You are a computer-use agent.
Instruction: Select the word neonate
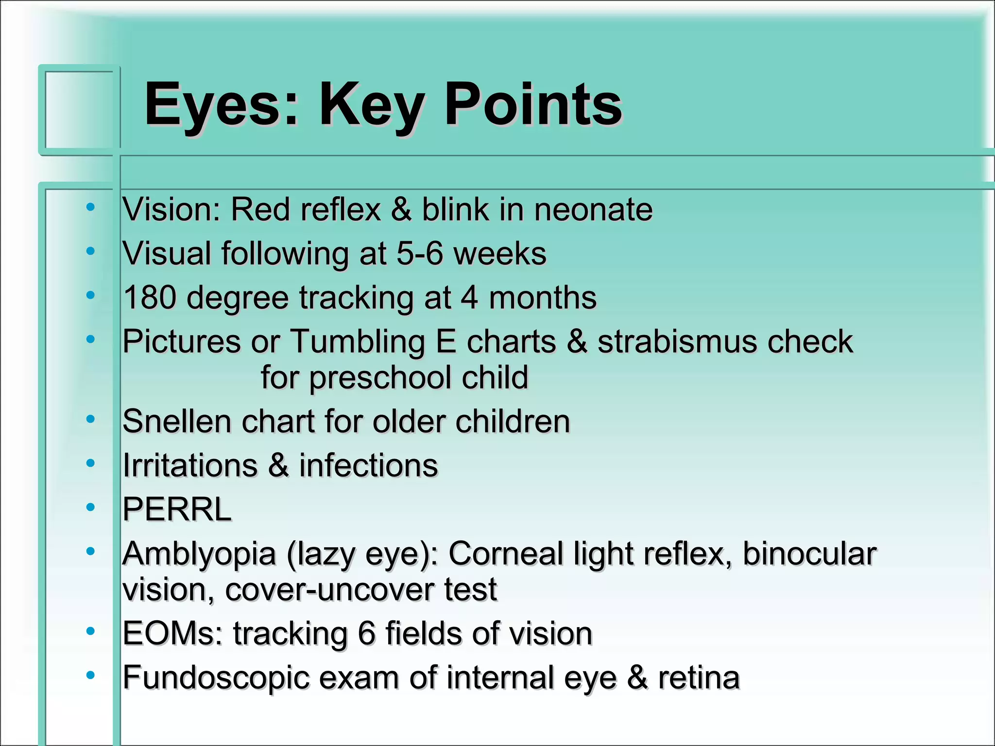coord(593,210)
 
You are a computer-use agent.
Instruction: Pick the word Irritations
coord(190,465)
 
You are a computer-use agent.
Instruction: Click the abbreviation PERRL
coord(177,509)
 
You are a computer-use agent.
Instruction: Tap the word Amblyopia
coord(199,554)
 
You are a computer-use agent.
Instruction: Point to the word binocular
coord(809,554)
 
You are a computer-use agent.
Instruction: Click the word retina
coord(699,678)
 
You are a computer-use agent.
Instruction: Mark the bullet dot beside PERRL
coord(90,508)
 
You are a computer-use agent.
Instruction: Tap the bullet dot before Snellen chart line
coord(90,419)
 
